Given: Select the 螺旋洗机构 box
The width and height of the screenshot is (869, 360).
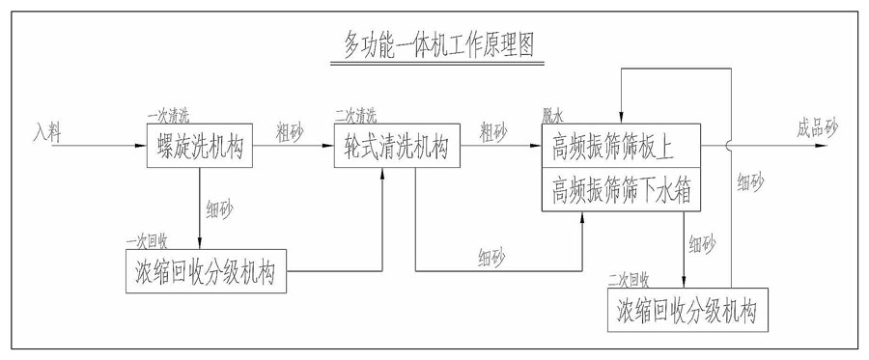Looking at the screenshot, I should coord(200,149).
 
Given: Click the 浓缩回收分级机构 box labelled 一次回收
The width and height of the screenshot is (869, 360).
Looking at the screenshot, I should coord(207,273).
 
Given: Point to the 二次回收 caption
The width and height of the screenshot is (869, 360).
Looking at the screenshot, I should coord(629,280).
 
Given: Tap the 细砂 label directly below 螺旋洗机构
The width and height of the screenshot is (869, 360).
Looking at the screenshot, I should coord(219,207).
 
